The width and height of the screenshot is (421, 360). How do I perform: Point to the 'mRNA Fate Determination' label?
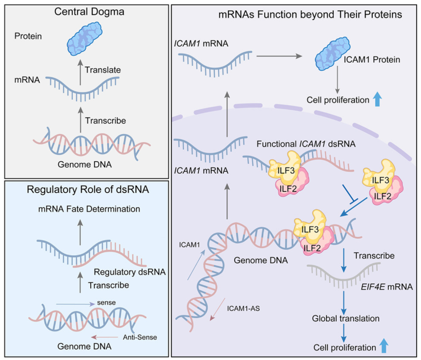click(x=88, y=209)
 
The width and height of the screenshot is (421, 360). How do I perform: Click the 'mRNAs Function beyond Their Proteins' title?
click(x=311, y=15)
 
